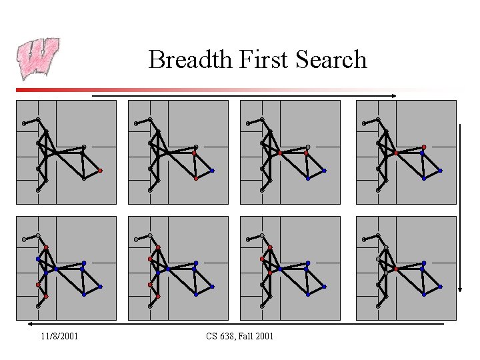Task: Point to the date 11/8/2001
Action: (x=59, y=336)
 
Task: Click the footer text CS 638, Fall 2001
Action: (x=240, y=336)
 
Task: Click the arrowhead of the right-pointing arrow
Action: (x=394, y=96)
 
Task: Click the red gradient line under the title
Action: (x=200, y=90)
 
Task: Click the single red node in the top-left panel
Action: (x=100, y=171)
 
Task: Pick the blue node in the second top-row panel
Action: (x=212, y=171)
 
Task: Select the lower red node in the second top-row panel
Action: (x=195, y=179)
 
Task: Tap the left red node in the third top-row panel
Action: (x=280, y=153)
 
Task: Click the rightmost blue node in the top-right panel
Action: (x=440, y=171)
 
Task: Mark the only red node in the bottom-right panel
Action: (x=396, y=269)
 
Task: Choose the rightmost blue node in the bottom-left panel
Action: (x=100, y=287)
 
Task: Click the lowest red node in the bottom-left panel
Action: (x=46, y=296)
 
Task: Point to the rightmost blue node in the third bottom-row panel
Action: (x=324, y=287)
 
